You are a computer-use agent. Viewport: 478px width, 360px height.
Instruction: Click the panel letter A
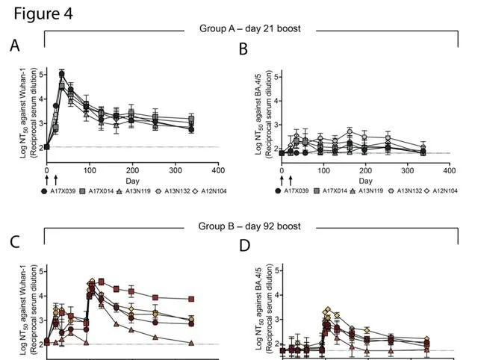(14, 47)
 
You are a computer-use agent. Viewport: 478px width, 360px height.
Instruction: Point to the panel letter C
(14, 241)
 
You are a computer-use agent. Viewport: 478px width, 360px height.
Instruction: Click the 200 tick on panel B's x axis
(365, 170)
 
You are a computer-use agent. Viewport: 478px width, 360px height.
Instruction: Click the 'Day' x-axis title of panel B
(365, 181)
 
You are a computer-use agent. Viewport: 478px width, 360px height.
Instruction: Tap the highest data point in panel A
(61, 74)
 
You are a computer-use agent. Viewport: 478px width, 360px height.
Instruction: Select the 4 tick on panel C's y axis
(40, 295)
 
